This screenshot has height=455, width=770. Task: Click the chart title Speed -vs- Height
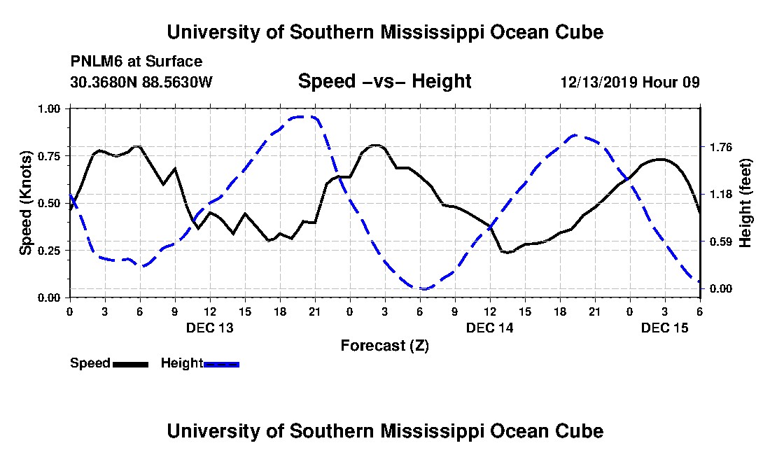[384, 81]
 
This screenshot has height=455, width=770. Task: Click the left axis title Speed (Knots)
[25, 203]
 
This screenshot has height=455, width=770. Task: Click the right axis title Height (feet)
[745, 203]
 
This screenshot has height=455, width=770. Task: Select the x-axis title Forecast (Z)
[384, 346]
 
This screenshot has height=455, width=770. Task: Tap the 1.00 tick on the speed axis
[49, 108]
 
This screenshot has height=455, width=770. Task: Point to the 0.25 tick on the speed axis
[49, 251]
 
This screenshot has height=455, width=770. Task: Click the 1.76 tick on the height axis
[721, 147]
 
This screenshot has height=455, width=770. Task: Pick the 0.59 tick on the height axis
[721, 242]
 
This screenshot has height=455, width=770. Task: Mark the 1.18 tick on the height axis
[721, 195]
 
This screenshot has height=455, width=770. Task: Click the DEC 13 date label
[210, 328]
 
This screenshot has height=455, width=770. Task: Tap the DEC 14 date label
[489, 328]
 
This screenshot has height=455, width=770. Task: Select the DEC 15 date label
[664, 328]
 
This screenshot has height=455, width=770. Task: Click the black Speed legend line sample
[130, 364]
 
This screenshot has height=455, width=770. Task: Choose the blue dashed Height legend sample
[221, 364]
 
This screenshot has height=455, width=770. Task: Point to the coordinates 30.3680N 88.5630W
[141, 81]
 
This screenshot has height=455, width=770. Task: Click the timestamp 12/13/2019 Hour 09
[630, 81]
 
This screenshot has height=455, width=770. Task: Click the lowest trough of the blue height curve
[423, 288]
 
